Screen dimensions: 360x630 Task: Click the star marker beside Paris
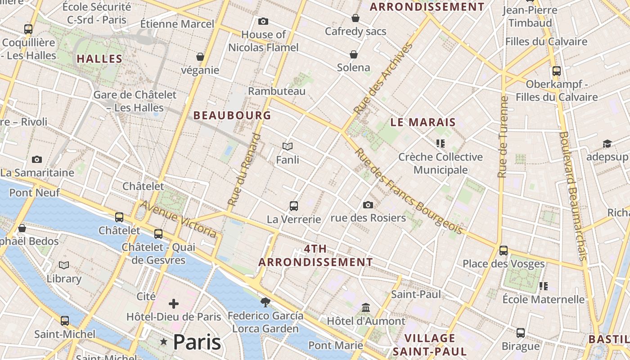(x=164, y=342)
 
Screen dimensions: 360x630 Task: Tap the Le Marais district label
(x=423, y=122)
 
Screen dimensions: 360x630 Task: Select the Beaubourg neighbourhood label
(x=232, y=115)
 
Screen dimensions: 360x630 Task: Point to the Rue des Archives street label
(x=383, y=78)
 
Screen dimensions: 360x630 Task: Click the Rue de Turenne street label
(x=503, y=137)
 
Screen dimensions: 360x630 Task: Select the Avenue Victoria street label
(x=179, y=219)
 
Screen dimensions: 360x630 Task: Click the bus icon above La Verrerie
(x=294, y=206)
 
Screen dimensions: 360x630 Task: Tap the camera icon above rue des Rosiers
(x=368, y=205)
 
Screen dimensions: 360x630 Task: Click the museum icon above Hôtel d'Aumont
(x=366, y=308)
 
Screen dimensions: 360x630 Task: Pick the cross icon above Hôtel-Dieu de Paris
(x=174, y=304)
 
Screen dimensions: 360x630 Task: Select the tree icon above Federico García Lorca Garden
(x=265, y=302)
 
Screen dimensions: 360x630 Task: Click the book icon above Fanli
(x=288, y=146)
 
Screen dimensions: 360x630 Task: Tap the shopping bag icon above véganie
(x=200, y=57)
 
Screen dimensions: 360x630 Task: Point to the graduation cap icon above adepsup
(x=607, y=144)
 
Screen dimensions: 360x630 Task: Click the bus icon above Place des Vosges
(x=504, y=250)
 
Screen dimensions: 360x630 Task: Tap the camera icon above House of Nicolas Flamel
(x=263, y=21)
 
